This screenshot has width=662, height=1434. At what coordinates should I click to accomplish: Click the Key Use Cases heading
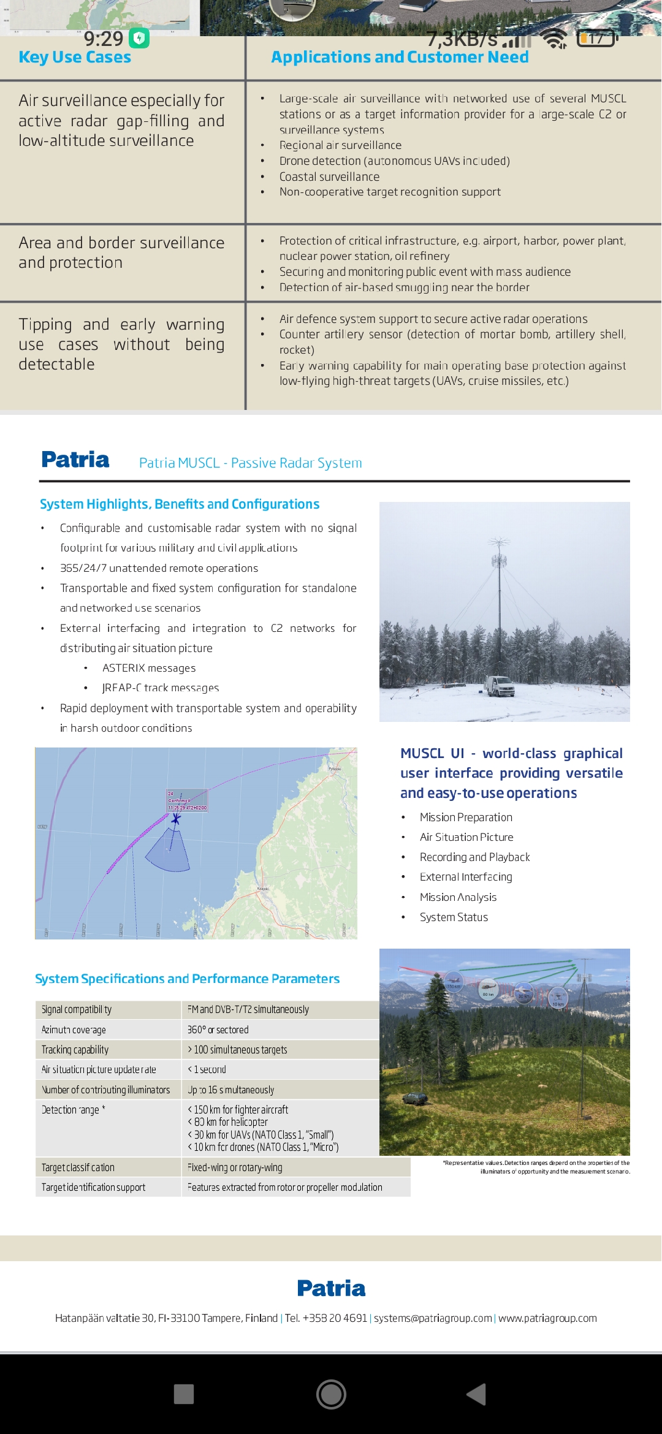[75, 58]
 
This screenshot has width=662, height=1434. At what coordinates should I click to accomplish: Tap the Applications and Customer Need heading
[400, 58]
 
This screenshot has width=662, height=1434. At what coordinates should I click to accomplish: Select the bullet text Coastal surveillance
[329, 177]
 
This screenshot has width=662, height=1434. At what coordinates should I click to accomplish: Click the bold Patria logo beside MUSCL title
[75, 460]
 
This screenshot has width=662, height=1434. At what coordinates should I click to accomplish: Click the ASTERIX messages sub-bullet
[149, 668]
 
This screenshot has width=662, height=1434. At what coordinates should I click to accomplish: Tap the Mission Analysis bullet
[458, 897]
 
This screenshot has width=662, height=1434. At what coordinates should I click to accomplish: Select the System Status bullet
[454, 917]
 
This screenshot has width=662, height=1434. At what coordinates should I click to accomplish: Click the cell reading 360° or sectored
[218, 1030]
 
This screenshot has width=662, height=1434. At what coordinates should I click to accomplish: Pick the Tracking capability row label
[75, 1050]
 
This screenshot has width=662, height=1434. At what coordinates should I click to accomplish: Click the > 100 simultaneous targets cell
[238, 1050]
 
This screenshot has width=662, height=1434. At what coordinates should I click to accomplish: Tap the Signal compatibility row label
[77, 1009]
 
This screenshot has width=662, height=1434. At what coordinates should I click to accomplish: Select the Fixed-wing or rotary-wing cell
[235, 1167]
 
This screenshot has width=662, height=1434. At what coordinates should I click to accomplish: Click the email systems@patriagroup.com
[433, 1318]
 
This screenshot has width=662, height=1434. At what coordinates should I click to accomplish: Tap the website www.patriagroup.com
[547, 1318]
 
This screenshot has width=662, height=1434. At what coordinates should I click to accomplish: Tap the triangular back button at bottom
[476, 1394]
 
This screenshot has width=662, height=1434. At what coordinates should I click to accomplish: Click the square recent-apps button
[184, 1394]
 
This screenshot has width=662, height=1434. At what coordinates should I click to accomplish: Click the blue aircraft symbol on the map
[176, 818]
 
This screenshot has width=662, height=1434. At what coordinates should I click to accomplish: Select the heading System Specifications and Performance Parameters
[187, 979]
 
